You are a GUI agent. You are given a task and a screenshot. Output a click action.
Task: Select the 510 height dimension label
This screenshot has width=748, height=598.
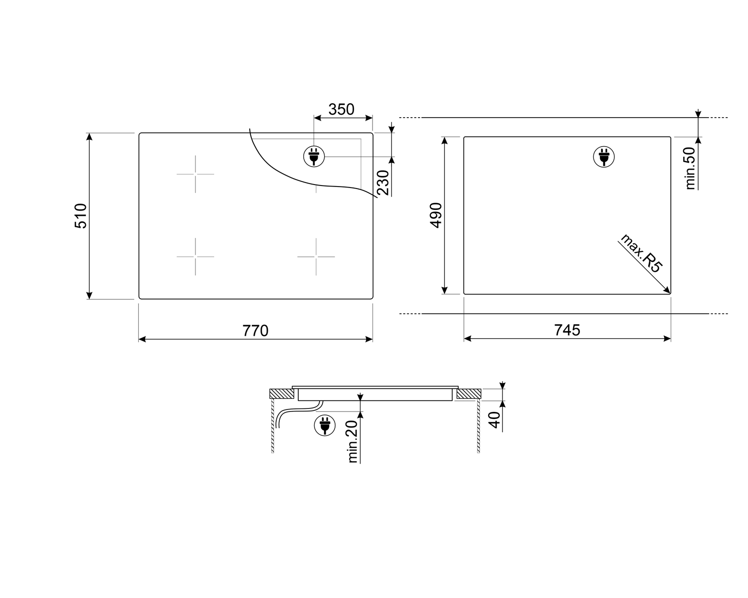[x=81, y=215]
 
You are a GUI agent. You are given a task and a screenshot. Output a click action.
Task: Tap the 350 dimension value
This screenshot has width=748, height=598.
[x=342, y=109]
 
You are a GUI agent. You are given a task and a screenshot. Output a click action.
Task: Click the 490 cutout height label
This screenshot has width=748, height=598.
[x=436, y=215]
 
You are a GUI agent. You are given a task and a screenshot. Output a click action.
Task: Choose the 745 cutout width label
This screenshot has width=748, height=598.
[x=567, y=330]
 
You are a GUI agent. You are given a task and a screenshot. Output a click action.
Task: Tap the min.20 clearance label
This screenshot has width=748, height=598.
[x=353, y=441]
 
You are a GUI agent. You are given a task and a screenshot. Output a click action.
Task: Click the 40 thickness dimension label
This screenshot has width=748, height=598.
[x=494, y=420]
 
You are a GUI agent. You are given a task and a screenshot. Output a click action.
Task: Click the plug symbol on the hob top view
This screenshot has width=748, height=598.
[x=314, y=157]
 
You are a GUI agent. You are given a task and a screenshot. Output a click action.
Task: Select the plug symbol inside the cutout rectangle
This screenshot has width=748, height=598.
[x=603, y=157]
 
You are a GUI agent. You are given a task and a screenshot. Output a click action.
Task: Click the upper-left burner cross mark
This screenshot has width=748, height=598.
[x=195, y=174]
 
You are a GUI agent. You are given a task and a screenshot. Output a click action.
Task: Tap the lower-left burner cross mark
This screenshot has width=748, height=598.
[x=195, y=256]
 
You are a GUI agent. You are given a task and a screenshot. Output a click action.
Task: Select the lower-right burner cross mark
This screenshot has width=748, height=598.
[x=316, y=256]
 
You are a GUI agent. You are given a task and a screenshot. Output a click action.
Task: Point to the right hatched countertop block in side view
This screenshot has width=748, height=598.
[x=468, y=394]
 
